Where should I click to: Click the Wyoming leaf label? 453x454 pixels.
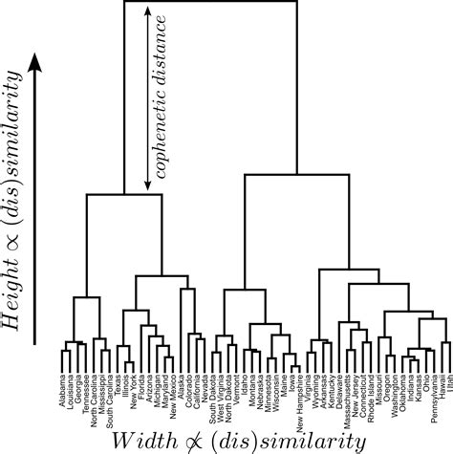pyautogui.click(x=313, y=392)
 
